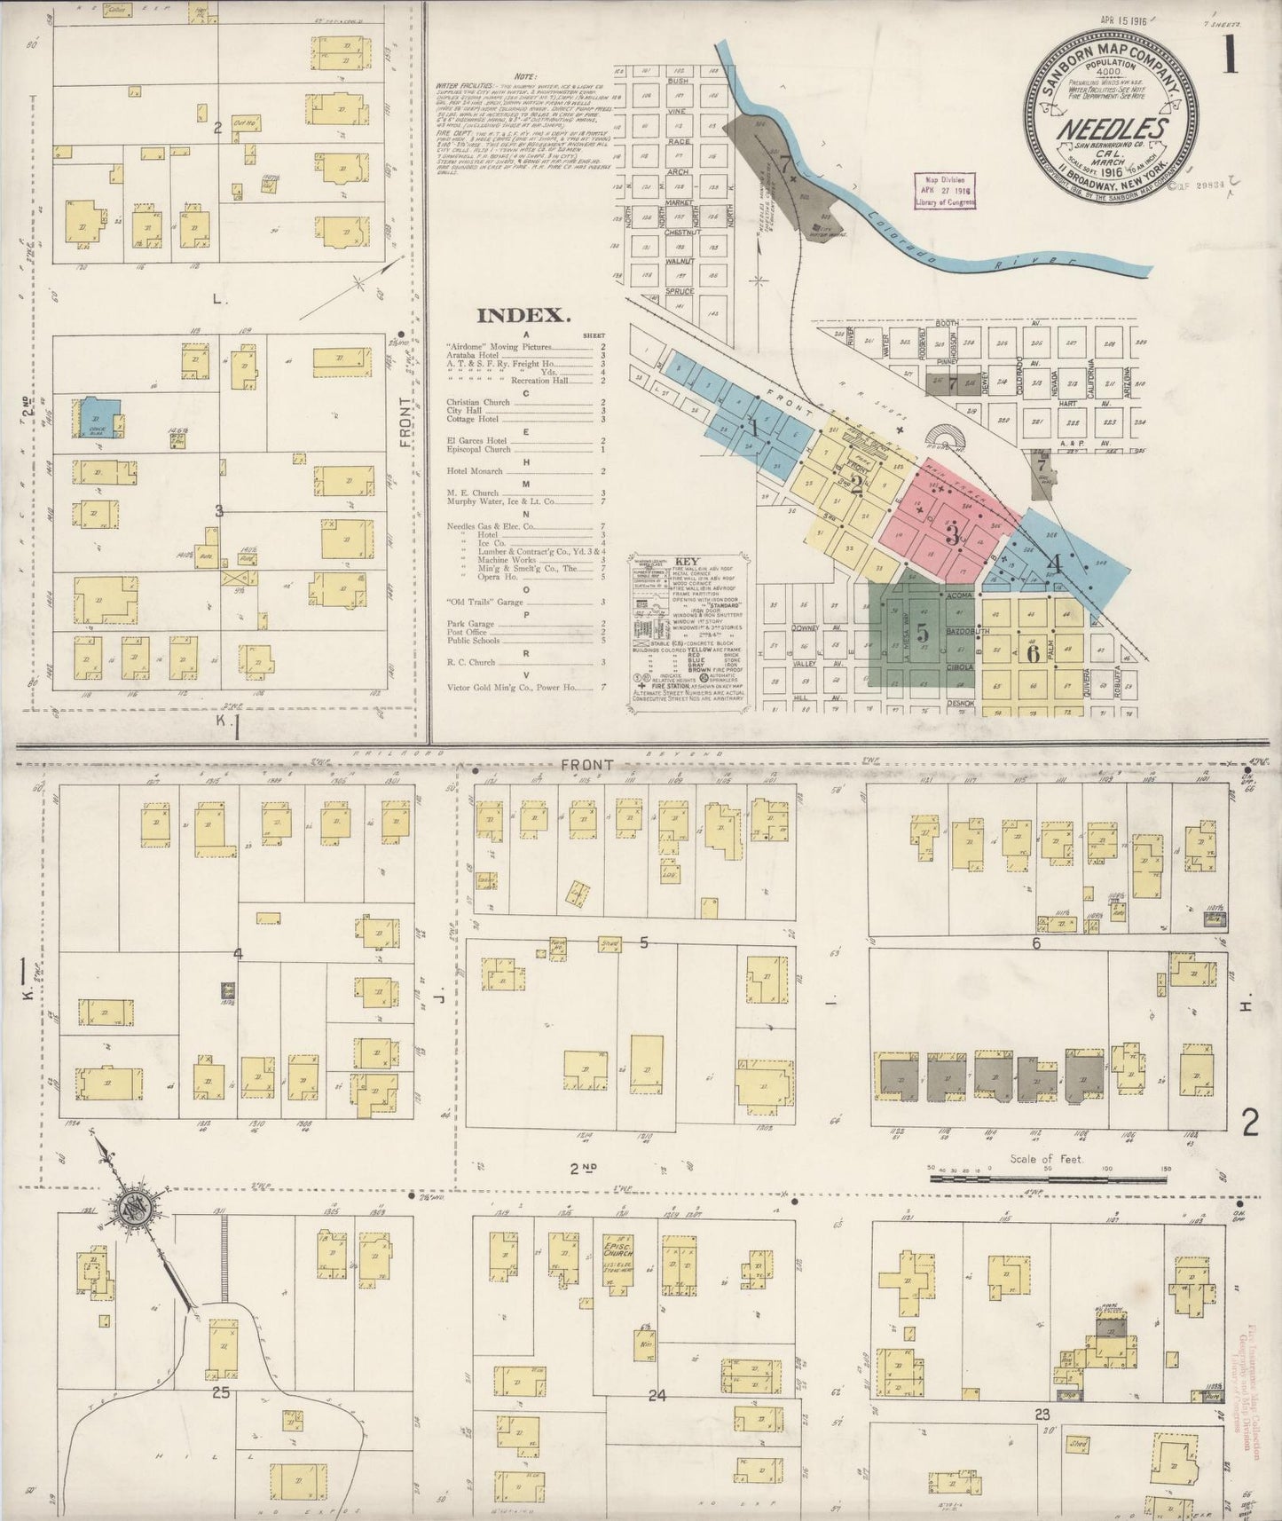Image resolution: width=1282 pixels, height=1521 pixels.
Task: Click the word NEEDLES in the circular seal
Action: coord(1112,130)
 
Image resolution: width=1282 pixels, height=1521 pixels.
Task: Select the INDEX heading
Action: coord(522,315)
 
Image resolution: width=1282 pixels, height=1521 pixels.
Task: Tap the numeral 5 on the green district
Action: coord(922,633)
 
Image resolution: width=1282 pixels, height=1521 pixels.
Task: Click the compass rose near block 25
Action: coord(136,1210)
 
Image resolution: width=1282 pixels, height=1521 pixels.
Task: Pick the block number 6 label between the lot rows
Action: coord(1035,943)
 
